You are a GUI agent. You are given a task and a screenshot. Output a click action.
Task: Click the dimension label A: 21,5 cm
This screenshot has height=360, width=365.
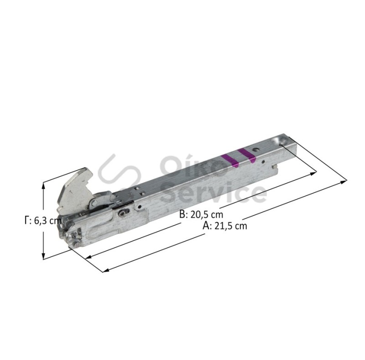coord(224,226)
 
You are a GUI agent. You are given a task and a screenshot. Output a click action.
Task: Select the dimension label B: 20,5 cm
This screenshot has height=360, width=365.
coord(201,214)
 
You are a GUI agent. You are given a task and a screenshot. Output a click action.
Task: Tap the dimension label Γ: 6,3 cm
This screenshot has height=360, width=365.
coord(43,220)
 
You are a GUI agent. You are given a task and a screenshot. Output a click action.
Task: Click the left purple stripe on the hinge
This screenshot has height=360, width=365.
coord(229,161)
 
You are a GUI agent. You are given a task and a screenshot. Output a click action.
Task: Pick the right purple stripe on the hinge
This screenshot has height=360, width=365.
coord(247,155)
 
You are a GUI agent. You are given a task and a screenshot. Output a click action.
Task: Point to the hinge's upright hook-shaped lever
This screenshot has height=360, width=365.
coord(74,190)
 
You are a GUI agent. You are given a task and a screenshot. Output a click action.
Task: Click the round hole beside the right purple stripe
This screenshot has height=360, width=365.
coord(255,149)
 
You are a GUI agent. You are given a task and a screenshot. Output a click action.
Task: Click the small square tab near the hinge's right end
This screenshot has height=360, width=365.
coord(275,166)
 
